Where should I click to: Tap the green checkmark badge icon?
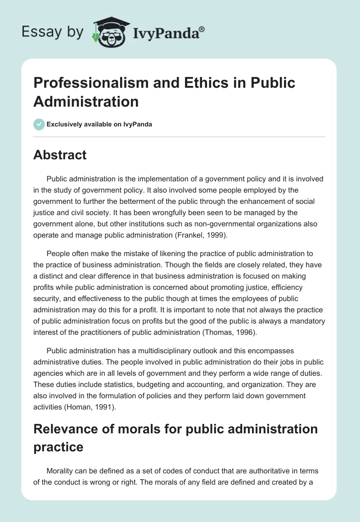(x=39, y=124)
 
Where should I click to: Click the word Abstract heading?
(x=60, y=155)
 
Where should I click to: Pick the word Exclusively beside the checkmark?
(x=65, y=124)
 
